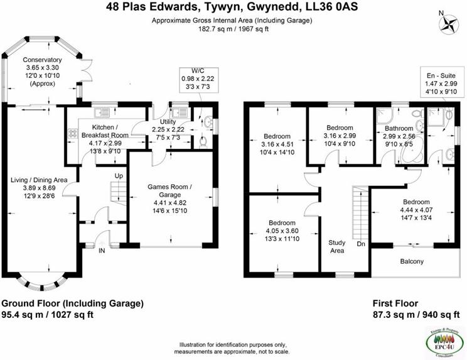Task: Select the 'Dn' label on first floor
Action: coord(360,244)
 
